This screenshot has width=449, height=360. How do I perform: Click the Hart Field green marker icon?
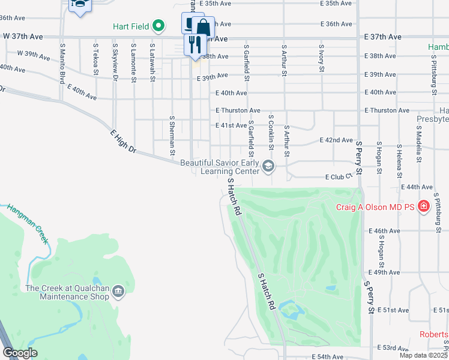click(x=158, y=26)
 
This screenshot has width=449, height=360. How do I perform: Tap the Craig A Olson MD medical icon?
click(x=424, y=207)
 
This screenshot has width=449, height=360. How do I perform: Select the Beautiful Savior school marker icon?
click(x=268, y=166)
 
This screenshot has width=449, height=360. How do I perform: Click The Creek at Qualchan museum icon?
click(x=118, y=292)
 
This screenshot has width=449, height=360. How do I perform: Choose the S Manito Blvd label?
click(x=62, y=63)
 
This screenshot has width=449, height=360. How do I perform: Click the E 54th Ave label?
click(x=328, y=357)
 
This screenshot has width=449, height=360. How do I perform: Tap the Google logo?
click(x=20, y=353)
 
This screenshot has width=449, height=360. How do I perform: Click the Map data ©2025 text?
click(x=423, y=355)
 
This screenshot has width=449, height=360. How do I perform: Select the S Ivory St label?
click(x=322, y=59)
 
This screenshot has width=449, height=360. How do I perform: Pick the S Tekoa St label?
click(x=95, y=59)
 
